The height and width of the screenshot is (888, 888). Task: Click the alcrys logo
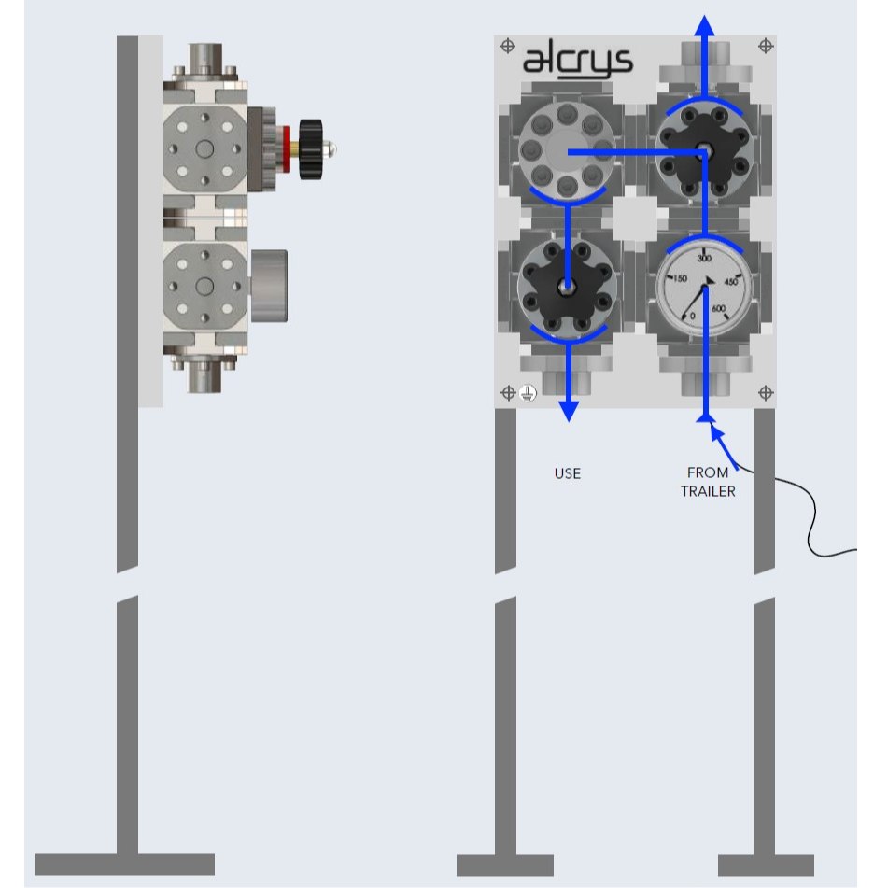[x=576, y=62]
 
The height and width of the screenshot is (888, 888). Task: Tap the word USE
[x=567, y=473]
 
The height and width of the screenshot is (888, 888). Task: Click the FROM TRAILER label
[x=708, y=482]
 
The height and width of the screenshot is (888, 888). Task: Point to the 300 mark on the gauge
[x=705, y=258]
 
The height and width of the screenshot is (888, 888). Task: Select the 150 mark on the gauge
[x=680, y=279]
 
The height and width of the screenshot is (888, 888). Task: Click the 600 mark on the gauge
[x=719, y=309]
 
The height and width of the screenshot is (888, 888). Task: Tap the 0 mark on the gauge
[x=692, y=316]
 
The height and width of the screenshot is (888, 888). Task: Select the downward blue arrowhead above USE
[x=568, y=411]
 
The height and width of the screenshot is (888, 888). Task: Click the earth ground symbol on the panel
[x=528, y=394]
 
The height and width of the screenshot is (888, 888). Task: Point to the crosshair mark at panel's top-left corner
[x=507, y=45]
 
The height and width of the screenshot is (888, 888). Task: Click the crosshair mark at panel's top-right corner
[x=765, y=45]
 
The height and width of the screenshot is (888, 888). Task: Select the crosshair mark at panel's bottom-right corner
[x=765, y=393]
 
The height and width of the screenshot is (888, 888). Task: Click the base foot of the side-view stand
[x=125, y=864]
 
